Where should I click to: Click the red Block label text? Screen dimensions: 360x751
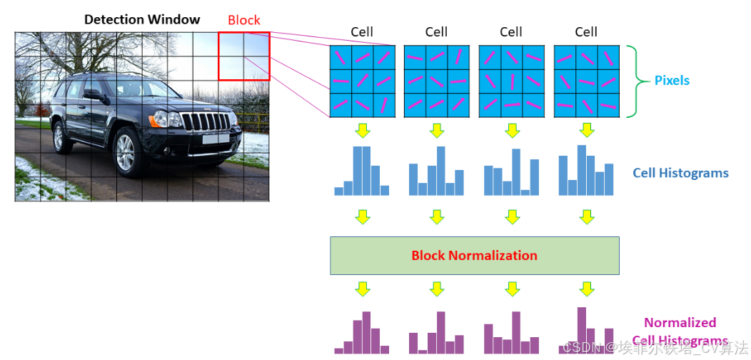tap(244, 20)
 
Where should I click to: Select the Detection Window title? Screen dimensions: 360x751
tap(142, 19)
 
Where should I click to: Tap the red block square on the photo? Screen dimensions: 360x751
tap(244, 56)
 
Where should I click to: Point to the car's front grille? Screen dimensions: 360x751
tap(208, 121)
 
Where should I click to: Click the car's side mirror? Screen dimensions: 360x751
tap(93, 94)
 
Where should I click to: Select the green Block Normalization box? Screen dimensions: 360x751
tap(474, 256)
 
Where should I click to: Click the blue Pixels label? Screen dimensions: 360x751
tap(672, 81)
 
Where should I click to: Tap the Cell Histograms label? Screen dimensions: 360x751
tap(680, 173)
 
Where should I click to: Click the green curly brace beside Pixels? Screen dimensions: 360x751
tap(630, 81)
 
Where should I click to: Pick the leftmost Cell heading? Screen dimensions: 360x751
tap(362, 31)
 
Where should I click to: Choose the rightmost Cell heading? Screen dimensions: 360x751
tap(586, 31)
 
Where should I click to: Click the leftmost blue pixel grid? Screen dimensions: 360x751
tap(362, 81)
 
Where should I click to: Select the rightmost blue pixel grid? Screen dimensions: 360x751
tap(586, 81)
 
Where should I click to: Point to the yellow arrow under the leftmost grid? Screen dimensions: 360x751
tap(363, 131)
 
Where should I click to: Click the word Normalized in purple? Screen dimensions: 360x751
tap(680, 322)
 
